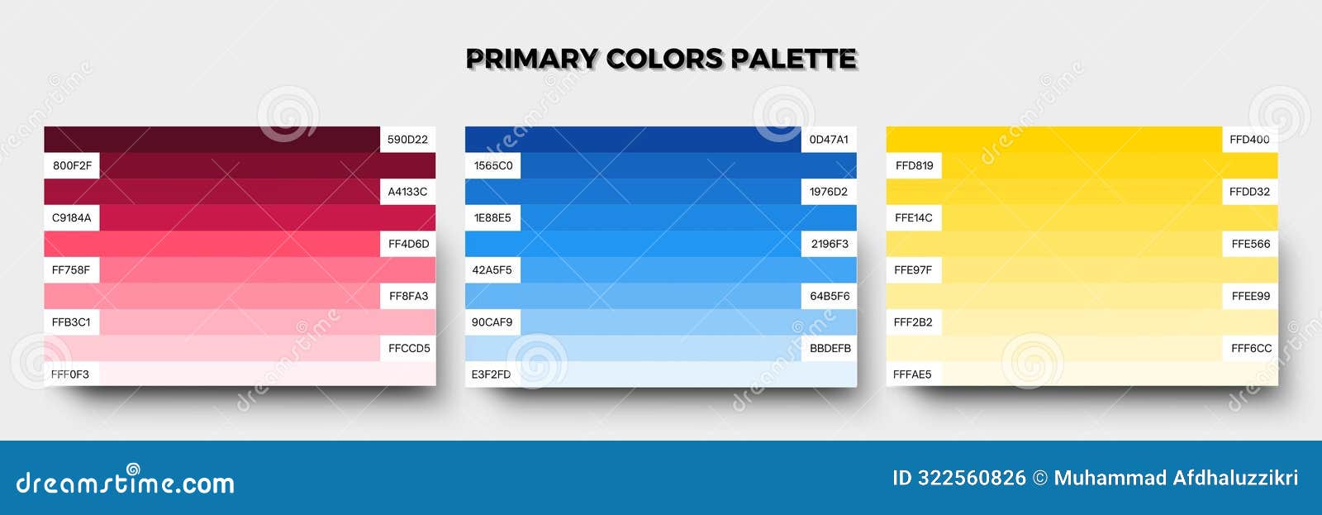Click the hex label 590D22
pos(407,140)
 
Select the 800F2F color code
pos(72,165)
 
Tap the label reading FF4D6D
pos(408,244)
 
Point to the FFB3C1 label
pos(71,322)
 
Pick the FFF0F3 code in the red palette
pos(69,374)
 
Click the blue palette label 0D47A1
pos(829,140)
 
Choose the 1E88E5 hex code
pos(492,218)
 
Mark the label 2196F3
pos(830,244)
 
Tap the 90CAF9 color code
pos(492,322)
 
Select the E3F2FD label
pos(491,374)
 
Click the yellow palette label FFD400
pos(1249,140)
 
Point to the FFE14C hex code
pos(914,218)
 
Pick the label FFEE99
pos(1251,296)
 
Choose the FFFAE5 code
pos(912,374)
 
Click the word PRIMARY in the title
pos(531,60)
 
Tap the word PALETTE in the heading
pos(793,60)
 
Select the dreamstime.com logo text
pos(126,482)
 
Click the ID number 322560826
pos(972,478)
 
